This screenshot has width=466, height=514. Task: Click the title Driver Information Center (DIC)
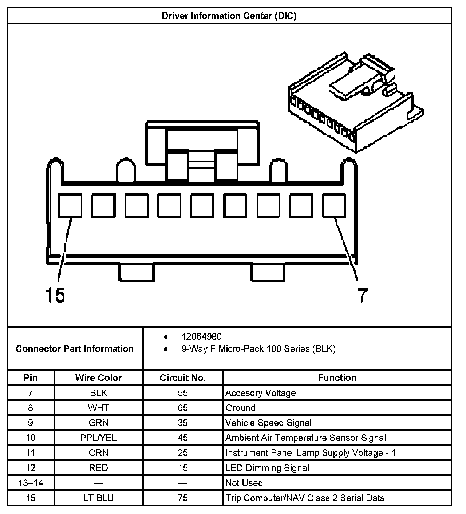pyautogui.click(x=229, y=16)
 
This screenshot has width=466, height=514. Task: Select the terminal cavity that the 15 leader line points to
pyautogui.click(x=70, y=206)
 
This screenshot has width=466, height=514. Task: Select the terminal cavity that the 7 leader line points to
pyautogui.click(x=334, y=206)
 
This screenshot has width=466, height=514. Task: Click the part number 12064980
pyautogui.click(x=201, y=337)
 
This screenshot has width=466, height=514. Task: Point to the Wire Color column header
pyautogui.click(x=98, y=378)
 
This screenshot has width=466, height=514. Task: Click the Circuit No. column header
pyautogui.click(x=183, y=378)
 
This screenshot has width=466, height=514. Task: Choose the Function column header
pyautogui.click(x=337, y=378)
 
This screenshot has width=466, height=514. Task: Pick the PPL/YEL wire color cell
pyautogui.click(x=98, y=438)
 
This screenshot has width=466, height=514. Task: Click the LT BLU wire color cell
pyautogui.click(x=98, y=498)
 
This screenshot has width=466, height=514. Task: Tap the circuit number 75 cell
pyautogui.click(x=183, y=498)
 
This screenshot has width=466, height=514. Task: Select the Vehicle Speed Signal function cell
pyautogui.click(x=268, y=423)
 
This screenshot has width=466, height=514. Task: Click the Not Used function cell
pyautogui.click(x=244, y=483)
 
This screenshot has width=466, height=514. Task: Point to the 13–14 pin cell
pyautogui.click(x=31, y=483)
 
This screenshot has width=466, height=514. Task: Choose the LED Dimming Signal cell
pyautogui.click(x=267, y=468)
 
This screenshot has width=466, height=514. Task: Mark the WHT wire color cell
pyautogui.click(x=98, y=408)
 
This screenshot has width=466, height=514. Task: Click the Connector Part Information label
pyautogui.click(x=75, y=349)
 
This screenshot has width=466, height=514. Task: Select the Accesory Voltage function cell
pyautogui.click(x=260, y=393)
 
